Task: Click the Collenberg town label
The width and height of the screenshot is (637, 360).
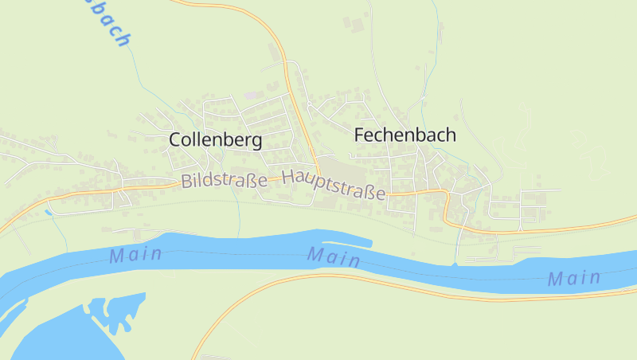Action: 215,140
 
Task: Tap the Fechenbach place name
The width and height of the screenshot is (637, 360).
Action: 404,135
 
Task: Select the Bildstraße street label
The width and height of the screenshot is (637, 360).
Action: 224,181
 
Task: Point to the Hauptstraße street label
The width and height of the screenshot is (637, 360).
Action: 334,184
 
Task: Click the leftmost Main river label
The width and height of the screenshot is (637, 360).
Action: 136,256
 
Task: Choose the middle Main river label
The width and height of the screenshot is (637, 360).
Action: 334,256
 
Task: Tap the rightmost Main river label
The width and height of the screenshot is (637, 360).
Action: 574,278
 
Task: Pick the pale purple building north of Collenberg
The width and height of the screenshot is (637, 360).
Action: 252,96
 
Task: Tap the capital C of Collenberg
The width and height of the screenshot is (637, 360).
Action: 176,140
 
